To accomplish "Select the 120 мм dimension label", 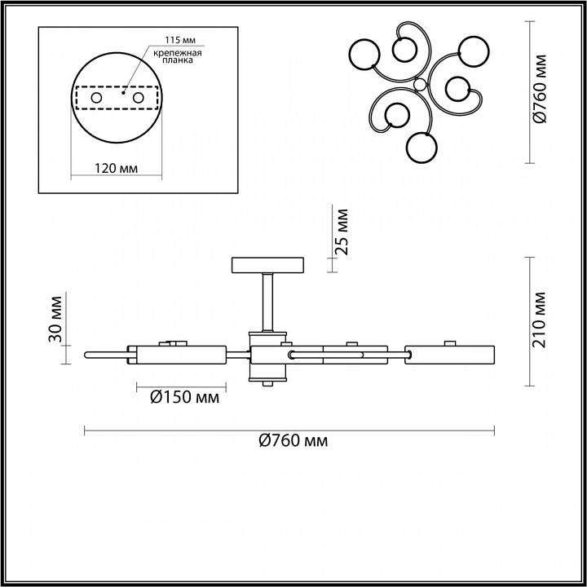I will point(115,168).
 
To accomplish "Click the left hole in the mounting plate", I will point(96,98).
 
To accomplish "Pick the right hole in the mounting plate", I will point(138,98).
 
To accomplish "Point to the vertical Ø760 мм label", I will point(539,90).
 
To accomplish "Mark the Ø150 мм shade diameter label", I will point(185,398).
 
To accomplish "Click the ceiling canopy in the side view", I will point(267,266).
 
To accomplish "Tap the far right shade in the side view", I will point(451,355).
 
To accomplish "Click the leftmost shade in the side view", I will point(180,355).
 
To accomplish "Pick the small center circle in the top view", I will point(420,85).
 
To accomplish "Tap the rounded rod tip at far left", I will point(88,355).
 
